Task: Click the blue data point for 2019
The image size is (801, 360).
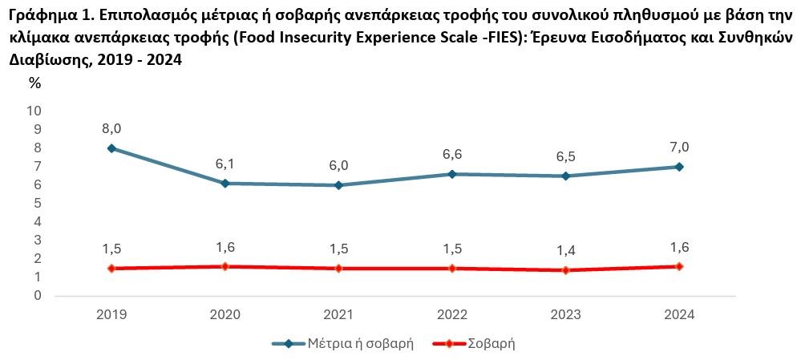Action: [x=111, y=148]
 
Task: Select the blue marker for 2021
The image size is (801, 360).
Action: [x=338, y=185]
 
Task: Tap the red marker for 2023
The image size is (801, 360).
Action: [x=566, y=270]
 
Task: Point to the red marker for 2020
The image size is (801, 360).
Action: [x=225, y=266]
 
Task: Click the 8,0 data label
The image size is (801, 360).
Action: [x=111, y=127]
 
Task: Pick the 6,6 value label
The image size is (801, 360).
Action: [x=452, y=154]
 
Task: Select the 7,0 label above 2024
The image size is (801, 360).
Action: [x=680, y=147]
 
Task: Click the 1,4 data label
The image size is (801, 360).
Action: [x=566, y=251]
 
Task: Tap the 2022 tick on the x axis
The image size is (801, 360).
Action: [x=452, y=314]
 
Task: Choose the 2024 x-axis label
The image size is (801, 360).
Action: [x=680, y=314]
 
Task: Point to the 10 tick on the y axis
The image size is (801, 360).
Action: [x=35, y=111]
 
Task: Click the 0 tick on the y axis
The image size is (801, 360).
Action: [x=38, y=296]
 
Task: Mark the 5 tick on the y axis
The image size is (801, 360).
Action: [x=38, y=204]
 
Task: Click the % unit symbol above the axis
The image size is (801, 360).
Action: [x=34, y=83]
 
